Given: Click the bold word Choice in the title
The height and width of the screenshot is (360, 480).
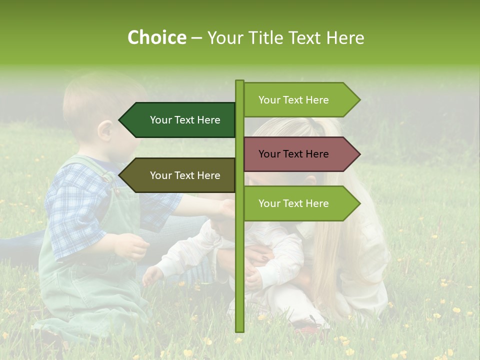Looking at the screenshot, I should tap(156, 37).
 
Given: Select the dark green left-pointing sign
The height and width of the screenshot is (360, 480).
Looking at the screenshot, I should tap(180, 120).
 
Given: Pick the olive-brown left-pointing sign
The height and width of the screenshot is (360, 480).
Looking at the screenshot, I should tap(180, 175).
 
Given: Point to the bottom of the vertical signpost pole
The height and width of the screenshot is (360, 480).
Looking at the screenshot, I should tap(240, 329).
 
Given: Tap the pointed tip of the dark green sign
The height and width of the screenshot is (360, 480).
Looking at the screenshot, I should tap(120, 120).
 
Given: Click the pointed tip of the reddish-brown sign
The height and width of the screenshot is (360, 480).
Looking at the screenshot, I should tap(358, 154).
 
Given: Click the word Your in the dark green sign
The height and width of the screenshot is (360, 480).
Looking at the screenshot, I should tap(160, 120).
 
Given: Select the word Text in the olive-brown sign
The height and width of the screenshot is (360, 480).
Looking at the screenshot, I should tap(184, 175).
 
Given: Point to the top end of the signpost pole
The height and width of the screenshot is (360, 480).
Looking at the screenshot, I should tap(240, 81).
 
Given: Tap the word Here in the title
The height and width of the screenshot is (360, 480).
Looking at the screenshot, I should tap(345, 37).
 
